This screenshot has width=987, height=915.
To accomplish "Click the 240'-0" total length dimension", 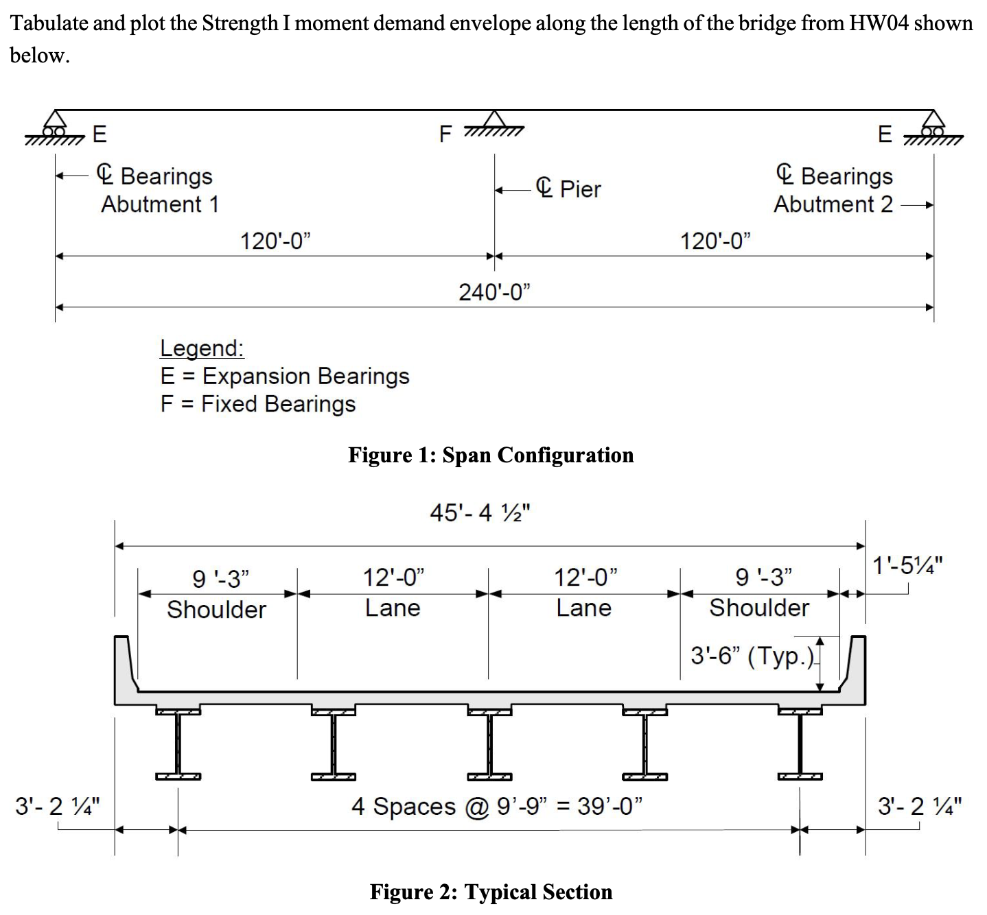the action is pyautogui.click(x=494, y=292).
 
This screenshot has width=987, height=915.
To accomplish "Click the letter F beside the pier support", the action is pyautogui.click(x=445, y=134).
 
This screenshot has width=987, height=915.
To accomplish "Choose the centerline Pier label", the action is pyautogui.click(x=568, y=189).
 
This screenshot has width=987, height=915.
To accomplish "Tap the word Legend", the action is pyautogui.click(x=202, y=348).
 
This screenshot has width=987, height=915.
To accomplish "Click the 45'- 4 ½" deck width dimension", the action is pyautogui.click(x=480, y=512).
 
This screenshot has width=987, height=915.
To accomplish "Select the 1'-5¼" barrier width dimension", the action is pyautogui.click(x=907, y=565).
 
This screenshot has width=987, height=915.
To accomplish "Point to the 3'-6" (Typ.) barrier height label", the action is pyautogui.click(x=752, y=656).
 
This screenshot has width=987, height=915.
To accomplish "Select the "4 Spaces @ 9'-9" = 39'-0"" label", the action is pyautogui.click(x=496, y=806).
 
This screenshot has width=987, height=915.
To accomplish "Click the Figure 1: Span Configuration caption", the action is pyautogui.click(x=491, y=455).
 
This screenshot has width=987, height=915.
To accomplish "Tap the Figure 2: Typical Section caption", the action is pyautogui.click(x=491, y=892).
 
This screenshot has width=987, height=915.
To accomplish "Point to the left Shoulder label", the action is pyautogui.click(x=217, y=610).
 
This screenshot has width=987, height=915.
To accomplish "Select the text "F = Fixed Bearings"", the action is pyautogui.click(x=258, y=404).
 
